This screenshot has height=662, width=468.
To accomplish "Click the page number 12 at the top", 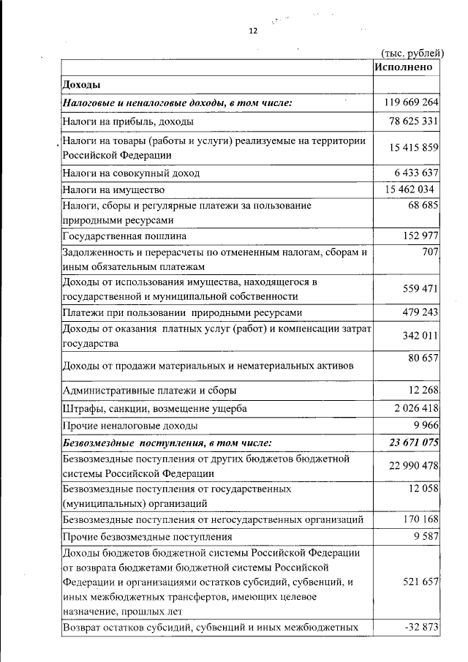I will (x=253, y=31).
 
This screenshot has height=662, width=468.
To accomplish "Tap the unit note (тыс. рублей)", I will (x=412, y=52).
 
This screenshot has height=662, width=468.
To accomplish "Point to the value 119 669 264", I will (x=411, y=102).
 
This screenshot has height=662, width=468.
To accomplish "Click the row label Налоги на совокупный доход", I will (x=131, y=173).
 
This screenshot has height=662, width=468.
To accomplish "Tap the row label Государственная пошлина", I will (x=124, y=236).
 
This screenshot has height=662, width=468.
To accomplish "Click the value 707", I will (x=429, y=252).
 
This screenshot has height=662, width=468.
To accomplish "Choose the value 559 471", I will (x=420, y=289).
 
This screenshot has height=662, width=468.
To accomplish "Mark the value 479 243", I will (x=420, y=312).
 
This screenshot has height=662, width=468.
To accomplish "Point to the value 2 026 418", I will (x=414, y=408).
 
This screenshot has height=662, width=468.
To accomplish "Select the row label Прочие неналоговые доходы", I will (x=130, y=425).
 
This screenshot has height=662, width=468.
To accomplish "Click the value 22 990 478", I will (x=411, y=467).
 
